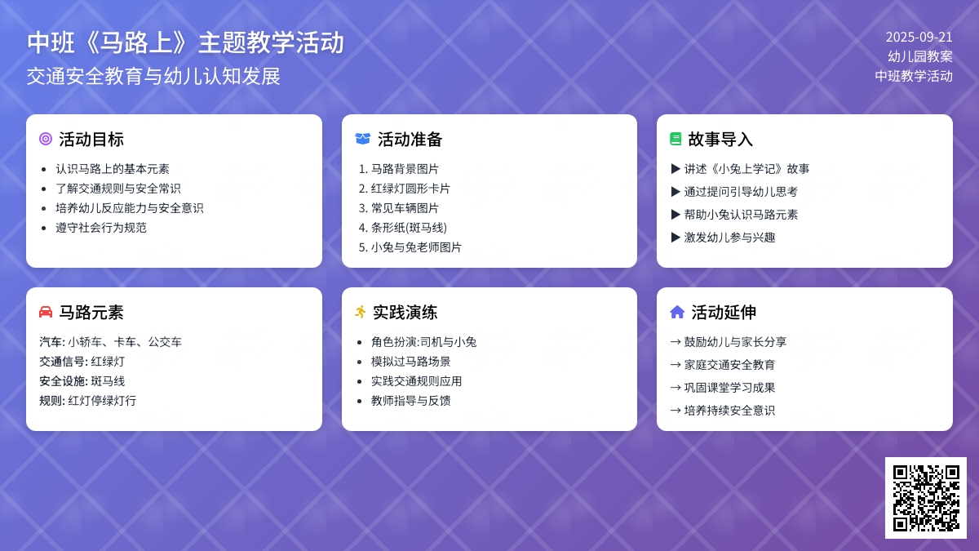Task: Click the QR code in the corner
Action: click(926, 498)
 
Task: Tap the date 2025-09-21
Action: click(919, 38)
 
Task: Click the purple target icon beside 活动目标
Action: click(46, 139)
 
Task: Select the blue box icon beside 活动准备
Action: click(363, 139)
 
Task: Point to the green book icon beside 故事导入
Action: click(676, 139)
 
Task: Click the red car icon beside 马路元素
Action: click(46, 312)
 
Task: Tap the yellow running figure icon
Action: click(361, 312)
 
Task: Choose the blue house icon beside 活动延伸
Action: click(677, 312)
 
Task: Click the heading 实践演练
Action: click(405, 312)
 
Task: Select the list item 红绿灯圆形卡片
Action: click(410, 189)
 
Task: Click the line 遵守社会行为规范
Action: click(101, 228)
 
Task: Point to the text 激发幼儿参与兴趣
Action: click(729, 238)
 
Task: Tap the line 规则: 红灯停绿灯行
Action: click(88, 401)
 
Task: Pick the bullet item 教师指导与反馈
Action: click(411, 401)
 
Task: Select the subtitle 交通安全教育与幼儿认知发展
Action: click(153, 76)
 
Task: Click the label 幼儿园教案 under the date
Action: click(920, 56)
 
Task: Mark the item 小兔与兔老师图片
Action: click(416, 247)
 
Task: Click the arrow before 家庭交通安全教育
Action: click(676, 365)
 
